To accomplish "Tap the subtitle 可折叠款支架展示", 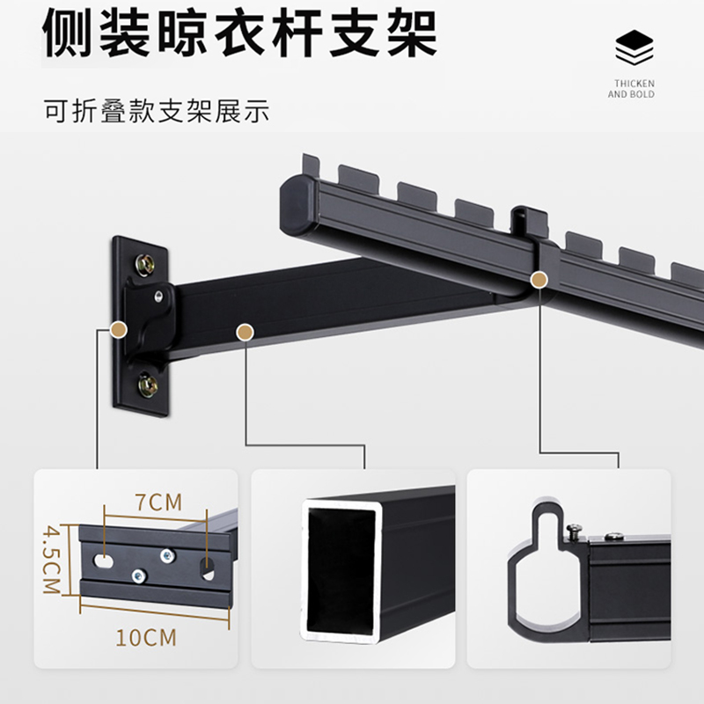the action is point(156,113).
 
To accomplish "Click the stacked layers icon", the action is point(634,49).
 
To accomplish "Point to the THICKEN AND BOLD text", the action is point(632,89).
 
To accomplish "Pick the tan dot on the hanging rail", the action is point(537,279).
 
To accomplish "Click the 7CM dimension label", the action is point(159,502).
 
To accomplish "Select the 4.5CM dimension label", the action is point(50,561).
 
